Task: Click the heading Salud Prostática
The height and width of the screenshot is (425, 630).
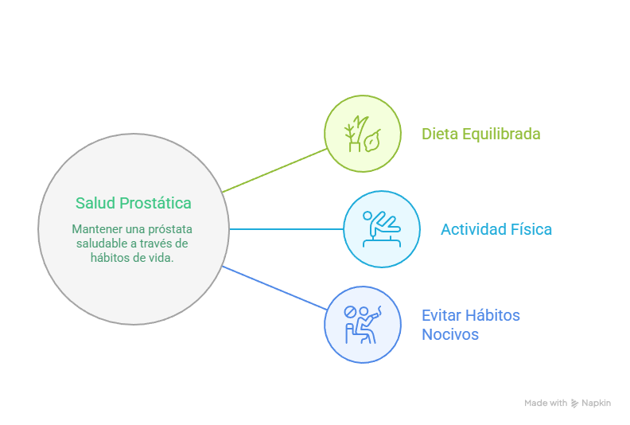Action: pyautogui.click(x=133, y=203)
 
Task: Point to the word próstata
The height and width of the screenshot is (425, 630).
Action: pyautogui.click(x=169, y=228)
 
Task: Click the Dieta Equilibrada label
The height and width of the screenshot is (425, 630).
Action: pyautogui.click(x=480, y=134)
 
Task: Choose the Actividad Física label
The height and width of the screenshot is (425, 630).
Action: pyautogui.click(x=496, y=229)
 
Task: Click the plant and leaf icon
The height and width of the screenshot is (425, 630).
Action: pyautogui.click(x=363, y=134)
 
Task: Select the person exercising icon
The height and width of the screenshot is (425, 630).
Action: pyautogui.click(x=382, y=229)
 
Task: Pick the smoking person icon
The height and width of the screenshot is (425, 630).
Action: pyautogui.click(x=363, y=325)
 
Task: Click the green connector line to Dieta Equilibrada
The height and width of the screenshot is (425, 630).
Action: pyautogui.click(x=274, y=170)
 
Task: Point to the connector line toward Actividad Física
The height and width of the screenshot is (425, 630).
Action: pyautogui.click(x=286, y=229)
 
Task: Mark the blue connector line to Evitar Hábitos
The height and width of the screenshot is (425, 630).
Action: pyautogui.click(x=274, y=289)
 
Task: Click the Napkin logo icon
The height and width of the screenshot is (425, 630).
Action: pyautogui.click(x=574, y=404)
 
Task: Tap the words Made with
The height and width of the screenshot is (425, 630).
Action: pyautogui.click(x=546, y=404)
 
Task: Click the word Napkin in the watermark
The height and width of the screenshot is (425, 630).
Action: pyautogui.click(x=596, y=404)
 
